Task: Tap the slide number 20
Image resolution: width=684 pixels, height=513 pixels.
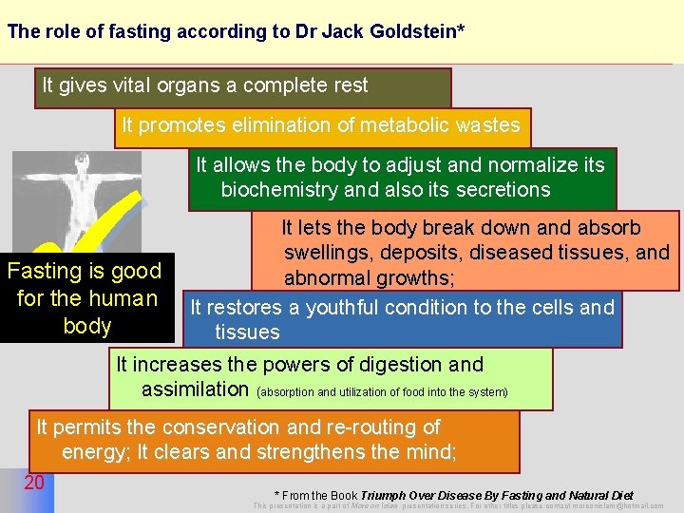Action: (34, 483)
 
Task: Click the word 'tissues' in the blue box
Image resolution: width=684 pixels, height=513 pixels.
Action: (247, 332)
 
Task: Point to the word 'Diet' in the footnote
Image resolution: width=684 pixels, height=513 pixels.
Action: (621, 495)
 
